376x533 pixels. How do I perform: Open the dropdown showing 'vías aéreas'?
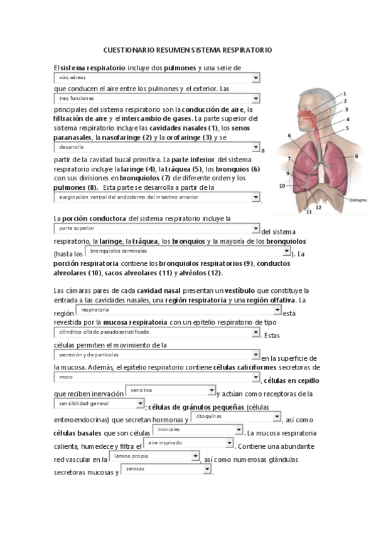(156, 77)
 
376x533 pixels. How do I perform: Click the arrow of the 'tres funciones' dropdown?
(255, 99)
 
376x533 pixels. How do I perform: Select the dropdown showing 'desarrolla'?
(156, 147)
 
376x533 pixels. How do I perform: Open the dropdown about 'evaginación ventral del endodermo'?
(156, 197)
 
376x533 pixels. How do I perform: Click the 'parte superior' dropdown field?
(156, 229)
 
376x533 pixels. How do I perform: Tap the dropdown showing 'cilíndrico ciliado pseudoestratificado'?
(156, 332)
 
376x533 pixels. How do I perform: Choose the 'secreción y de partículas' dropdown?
(156, 354)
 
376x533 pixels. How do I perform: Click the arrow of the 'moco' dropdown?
(255, 377)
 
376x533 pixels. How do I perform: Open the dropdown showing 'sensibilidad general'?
(99, 403)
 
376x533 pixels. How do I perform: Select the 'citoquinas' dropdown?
(235, 417)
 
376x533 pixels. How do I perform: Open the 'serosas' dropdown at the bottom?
(166, 469)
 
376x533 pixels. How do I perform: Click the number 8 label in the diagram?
(356, 155)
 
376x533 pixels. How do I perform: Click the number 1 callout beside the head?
(344, 94)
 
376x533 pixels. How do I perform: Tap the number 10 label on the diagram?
(282, 186)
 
